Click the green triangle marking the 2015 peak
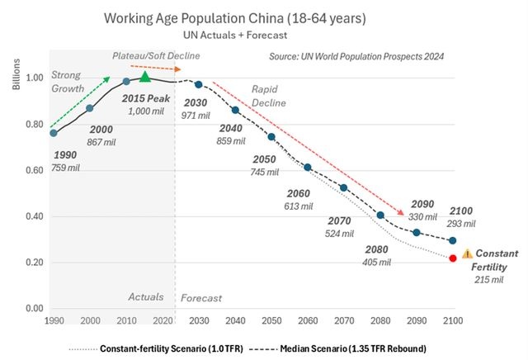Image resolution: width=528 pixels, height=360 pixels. point(145,77)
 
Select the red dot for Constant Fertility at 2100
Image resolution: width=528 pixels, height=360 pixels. point(453,258)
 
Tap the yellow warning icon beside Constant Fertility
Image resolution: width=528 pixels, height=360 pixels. point(467,254)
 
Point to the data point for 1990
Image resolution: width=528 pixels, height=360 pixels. point(54,133)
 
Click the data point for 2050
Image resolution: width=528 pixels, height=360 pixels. point(271,136)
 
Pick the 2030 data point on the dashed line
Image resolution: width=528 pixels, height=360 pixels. point(199,84)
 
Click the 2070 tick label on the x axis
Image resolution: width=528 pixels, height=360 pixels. point(344,320)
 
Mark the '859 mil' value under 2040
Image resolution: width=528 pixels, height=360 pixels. point(236,142)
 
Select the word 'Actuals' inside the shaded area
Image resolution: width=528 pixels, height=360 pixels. point(146,296)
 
